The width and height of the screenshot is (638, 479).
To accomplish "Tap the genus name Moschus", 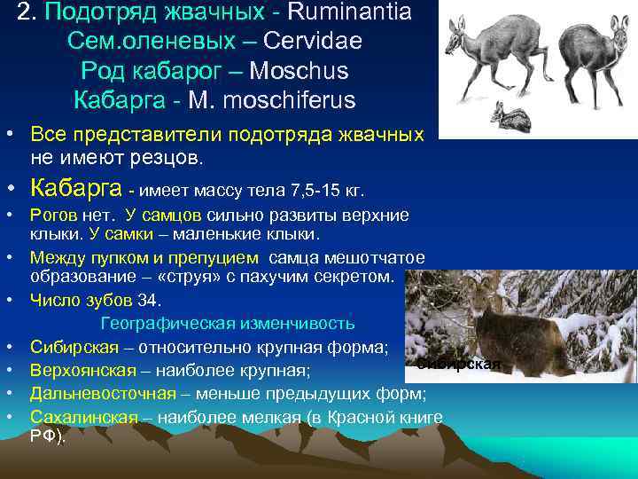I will [300, 71].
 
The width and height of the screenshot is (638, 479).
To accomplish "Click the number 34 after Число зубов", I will [148, 301].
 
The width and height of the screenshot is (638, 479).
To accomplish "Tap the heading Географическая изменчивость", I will [228, 322].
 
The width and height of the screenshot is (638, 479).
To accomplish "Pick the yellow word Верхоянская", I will [83, 370].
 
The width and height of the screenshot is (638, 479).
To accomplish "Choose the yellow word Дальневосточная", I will [100, 393].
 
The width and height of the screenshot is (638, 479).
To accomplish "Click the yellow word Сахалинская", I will [83, 417].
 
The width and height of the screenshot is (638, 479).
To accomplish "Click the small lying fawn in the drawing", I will [512, 115].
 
